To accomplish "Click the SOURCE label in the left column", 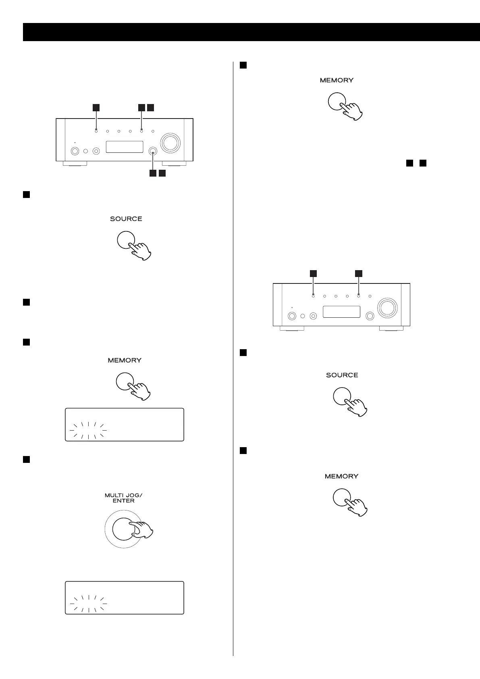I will click(126, 219).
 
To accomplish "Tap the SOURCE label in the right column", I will click(342, 375).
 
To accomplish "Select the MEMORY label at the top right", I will click(337, 80).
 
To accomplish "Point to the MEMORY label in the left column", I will click(125, 360).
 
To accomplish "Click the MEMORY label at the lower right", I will click(341, 476).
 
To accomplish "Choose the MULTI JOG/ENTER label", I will click(123, 498).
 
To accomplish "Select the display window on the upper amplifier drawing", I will click(125, 147).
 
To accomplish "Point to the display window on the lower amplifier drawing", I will click(341, 312).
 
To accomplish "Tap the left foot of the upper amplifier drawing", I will click(75, 164).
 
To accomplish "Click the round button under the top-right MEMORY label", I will click(337, 101).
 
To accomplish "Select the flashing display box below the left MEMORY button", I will click(125, 425).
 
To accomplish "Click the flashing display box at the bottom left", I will click(125, 597).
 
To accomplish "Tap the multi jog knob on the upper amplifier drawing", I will click(153, 151).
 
